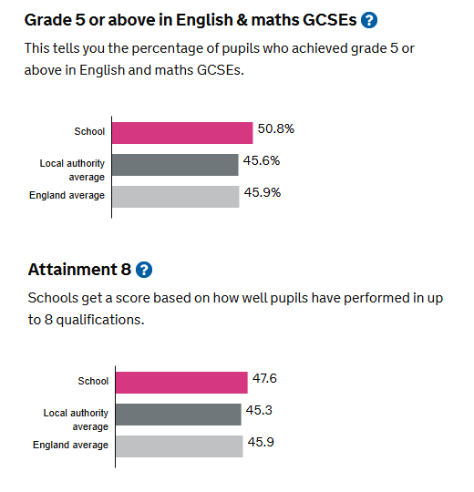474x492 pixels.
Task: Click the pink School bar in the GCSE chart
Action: coord(182,133)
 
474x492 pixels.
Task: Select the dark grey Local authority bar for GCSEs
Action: coord(175,165)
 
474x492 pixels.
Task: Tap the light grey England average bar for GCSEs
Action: coord(176,197)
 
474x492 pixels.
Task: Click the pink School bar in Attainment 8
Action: coord(181,383)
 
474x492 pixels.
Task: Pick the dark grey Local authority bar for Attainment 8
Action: coord(179,415)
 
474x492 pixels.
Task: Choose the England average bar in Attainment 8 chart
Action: coord(180,446)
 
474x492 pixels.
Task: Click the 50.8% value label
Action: coord(276,128)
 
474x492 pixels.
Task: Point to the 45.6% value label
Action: coord(262,160)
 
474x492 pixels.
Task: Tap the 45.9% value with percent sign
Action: coord(263,192)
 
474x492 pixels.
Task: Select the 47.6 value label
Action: coord(264,378)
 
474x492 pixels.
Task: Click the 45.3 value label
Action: coord(259,410)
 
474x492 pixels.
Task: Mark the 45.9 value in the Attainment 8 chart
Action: coord(261,442)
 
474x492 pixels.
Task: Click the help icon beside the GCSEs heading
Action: coord(369,20)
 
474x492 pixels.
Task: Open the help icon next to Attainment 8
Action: coord(144,270)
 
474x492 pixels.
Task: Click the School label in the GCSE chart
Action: coord(89,131)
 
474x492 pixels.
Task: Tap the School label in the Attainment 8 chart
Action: coord(93,381)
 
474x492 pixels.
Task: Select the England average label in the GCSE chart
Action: coord(67,195)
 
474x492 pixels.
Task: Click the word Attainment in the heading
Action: coord(73,269)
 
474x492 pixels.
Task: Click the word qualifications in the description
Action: coord(100,320)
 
